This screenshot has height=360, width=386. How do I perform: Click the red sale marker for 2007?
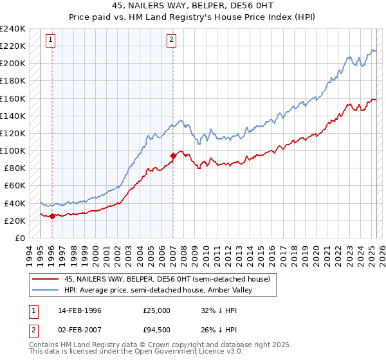173,156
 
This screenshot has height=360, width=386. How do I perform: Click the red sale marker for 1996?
52,216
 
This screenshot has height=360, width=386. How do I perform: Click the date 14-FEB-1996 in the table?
80,310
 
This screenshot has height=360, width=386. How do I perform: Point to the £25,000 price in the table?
157,310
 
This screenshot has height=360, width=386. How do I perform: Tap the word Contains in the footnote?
44,345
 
